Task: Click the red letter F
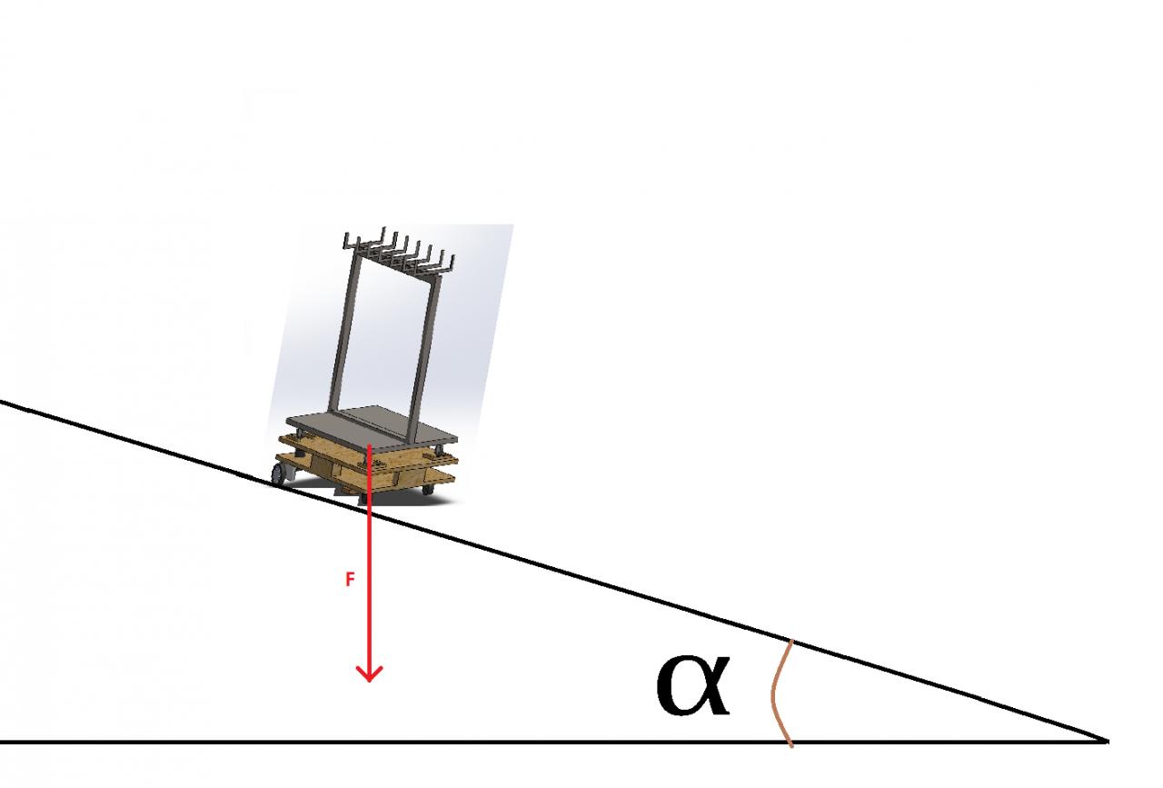click(x=350, y=580)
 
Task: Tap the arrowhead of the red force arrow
click(x=369, y=673)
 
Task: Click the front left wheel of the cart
click(x=282, y=474)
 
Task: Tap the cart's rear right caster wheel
click(x=427, y=489)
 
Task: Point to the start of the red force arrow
click(x=369, y=445)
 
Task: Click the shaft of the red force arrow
click(x=369, y=564)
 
